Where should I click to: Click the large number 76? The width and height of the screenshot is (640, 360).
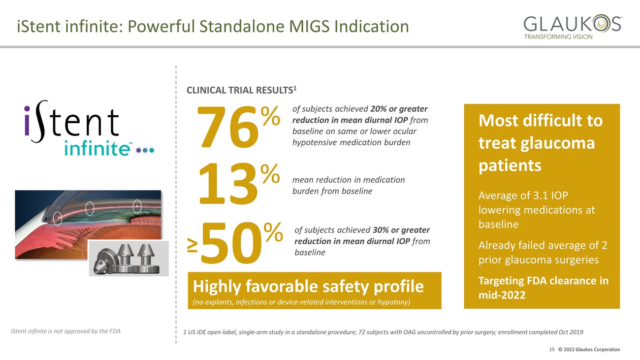coord(227,128)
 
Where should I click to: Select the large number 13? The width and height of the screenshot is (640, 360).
coord(227,185)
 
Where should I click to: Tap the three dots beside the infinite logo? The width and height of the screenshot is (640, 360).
coord(145,150)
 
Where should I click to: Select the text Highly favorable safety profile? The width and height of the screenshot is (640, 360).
coord(308,286)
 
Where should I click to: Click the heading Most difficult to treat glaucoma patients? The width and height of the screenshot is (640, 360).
coord(540,143)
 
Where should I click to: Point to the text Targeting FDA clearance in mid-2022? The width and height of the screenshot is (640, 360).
coord(543,288)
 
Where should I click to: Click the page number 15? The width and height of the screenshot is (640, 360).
coord(552,350)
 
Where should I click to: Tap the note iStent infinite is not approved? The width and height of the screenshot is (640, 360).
coord(65,331)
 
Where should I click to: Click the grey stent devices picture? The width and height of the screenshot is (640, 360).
coord(128,258)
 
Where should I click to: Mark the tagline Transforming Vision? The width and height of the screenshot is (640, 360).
coord(558,37)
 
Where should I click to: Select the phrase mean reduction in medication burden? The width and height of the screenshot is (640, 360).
coord(349,185)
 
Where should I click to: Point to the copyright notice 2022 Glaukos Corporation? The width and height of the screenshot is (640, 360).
coord(589,350)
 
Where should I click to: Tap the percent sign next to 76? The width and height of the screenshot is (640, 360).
coord(270,116)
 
